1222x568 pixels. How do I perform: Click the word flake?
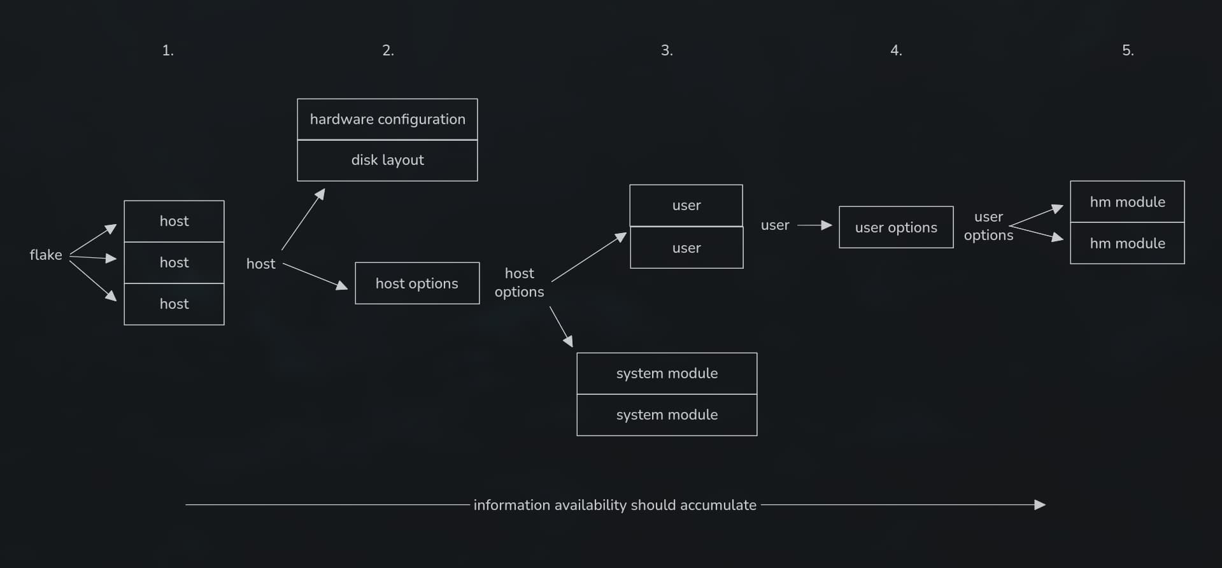[46, 255]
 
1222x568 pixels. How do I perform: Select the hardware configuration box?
[387, 119]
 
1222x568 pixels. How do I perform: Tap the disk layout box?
[387, 160]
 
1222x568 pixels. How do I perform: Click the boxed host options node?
[417, 283]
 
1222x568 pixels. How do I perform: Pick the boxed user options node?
[896, 227]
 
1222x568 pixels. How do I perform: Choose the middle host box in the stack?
[174, 262]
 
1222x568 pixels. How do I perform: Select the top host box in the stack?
[174, 221]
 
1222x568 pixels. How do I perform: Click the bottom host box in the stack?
[174, 304]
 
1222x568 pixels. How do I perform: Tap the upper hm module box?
[1127, 202]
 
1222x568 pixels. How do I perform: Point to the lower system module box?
[667, 415]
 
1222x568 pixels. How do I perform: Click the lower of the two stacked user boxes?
[686, 248]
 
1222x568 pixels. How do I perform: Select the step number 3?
[667, 50]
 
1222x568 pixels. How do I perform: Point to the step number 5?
[1128, 50]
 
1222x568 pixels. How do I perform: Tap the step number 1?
[167, 50]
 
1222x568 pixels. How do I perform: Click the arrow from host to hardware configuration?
[303, 220]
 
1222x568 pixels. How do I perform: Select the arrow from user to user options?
[814, 225]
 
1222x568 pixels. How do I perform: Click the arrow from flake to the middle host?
[93, 257]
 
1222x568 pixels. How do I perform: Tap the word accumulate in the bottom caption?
[718, 505]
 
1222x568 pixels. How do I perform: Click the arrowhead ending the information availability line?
[1040, 505]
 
